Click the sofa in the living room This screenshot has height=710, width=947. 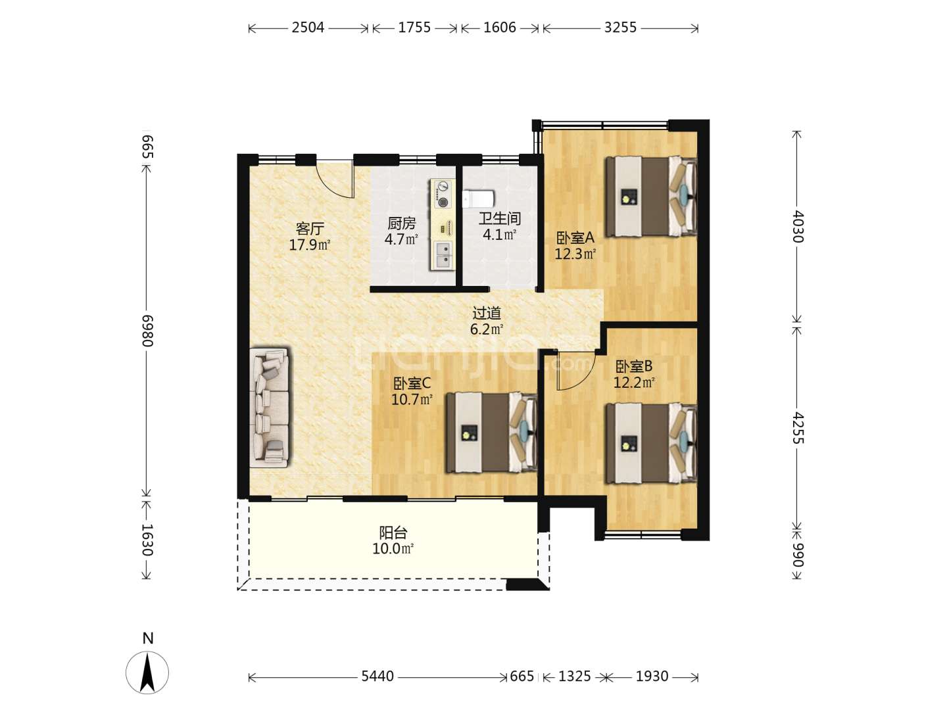[x=270, y=408]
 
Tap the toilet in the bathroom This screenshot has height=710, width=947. [x=479, y=199]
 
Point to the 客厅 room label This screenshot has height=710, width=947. [x=310, y=229]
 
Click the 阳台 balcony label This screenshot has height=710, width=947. [x=393, y=532]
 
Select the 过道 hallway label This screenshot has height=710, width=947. [x=487, y=313]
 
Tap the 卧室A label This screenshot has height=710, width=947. [x=575, y=237]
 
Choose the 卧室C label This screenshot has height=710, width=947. [x=412, y=383]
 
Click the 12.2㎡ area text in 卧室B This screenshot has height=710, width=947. [x=634, y=382]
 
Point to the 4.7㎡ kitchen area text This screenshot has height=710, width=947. [x=401, y=239]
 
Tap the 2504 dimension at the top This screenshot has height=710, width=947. [x=308, y=28]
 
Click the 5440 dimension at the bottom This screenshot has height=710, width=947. [x=377, y=676]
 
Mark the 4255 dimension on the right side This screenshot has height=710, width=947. [x=798, y=427]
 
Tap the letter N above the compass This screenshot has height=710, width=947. [x=147, y=638]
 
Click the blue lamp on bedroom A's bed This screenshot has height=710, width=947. [x=684, y=193]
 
